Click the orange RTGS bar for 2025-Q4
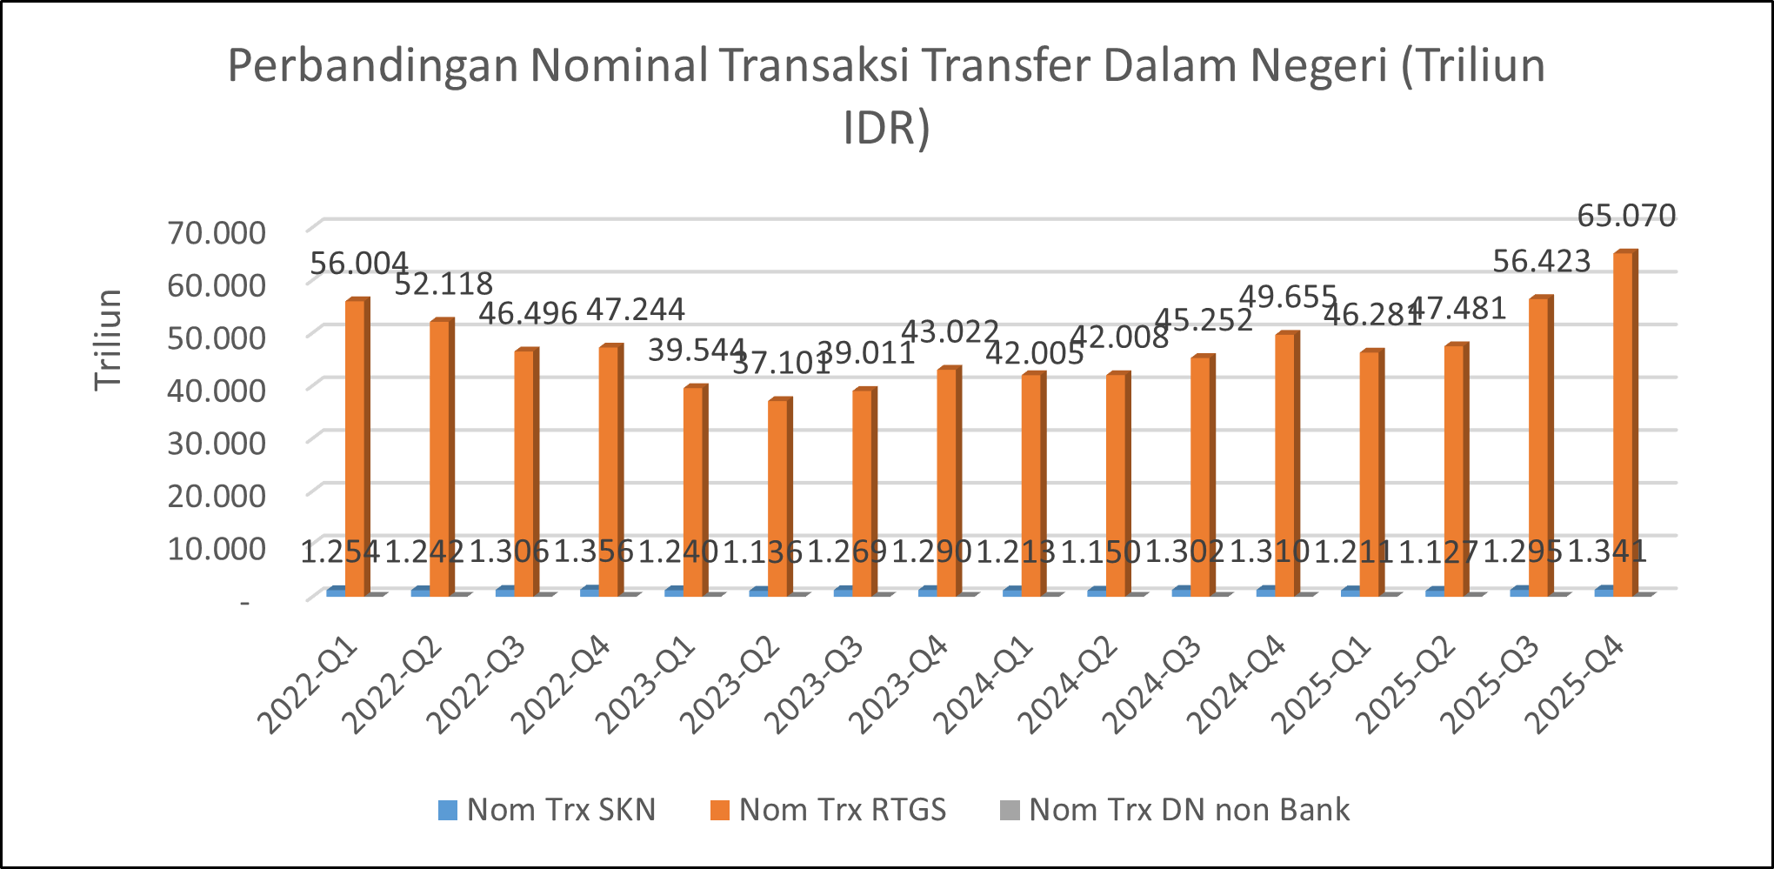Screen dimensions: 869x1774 click(x=1624, y=422)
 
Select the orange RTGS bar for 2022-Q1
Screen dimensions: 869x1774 click(x=356, y=446)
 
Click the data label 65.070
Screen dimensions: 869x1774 click(x=1626, y=216)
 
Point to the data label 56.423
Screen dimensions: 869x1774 click(x=1542, y=261)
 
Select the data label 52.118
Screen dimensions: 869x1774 click(x=443, y=284)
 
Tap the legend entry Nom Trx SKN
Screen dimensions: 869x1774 click(x=548, y=810)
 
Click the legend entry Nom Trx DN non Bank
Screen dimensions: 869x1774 click(x=1175, y=810)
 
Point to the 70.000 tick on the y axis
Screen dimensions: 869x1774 click(x=217, y=233)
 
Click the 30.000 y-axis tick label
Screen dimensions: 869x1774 click(x=217, y=443)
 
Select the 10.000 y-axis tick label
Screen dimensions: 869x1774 click(x=217, y=548)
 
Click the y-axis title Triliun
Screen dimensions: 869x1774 click(x=109, y=340)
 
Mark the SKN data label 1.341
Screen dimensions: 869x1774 click(x=1607, y=551)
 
